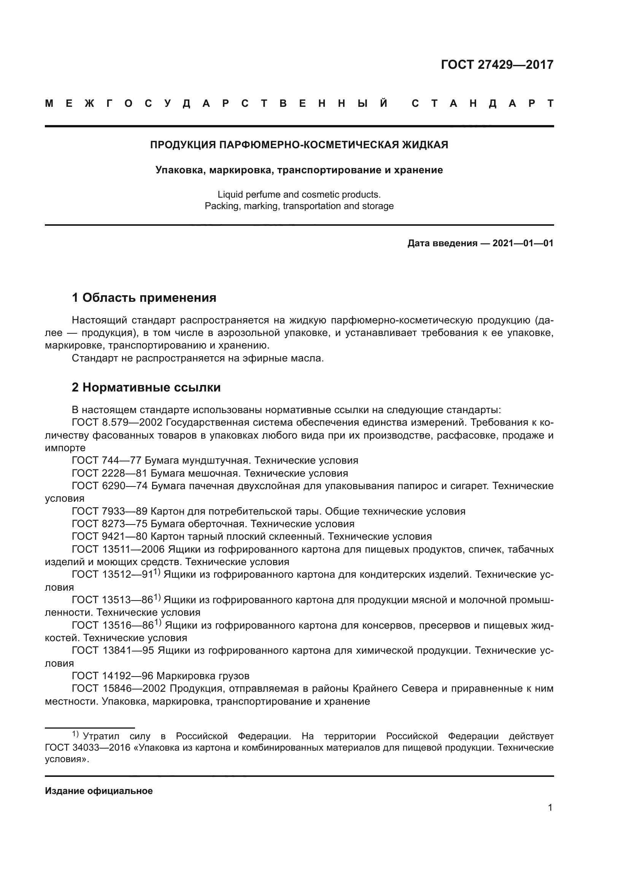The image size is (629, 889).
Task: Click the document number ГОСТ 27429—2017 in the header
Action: [x=497, y=64]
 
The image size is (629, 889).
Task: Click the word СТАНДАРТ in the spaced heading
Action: [x=482, y=103]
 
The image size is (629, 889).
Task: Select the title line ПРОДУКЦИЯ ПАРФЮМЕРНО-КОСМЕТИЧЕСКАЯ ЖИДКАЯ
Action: [x=299, y=145]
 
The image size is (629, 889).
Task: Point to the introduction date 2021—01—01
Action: [x=523, y=243]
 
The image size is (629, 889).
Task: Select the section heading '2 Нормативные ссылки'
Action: [x=146, y=387]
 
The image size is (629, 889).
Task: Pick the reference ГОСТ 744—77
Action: [x=106, y=460]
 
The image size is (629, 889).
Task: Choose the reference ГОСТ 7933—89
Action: [x=110, y=511]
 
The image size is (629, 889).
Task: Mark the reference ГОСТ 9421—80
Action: [x=110, y=536]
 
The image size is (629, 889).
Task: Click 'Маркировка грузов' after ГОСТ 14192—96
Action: [x=203, y=676]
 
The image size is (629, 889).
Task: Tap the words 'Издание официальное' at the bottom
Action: [x=99, y=791]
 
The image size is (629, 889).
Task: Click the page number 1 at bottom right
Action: [x=550, y=808]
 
